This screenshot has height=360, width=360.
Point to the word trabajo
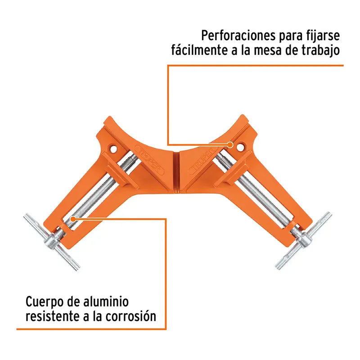coord(320,50)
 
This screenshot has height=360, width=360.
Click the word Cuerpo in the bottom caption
coord(45,302)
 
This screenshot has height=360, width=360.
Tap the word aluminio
coord(105,301)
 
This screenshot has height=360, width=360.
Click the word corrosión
coord(131,316)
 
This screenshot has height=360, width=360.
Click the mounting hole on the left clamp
coord(113,149)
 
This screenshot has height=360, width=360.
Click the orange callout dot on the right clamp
coord(230,145)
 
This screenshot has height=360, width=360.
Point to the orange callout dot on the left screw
coord(72,219)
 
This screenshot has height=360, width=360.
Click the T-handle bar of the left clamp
coord(52,242)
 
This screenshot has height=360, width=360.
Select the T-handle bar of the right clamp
coord(303,240)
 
